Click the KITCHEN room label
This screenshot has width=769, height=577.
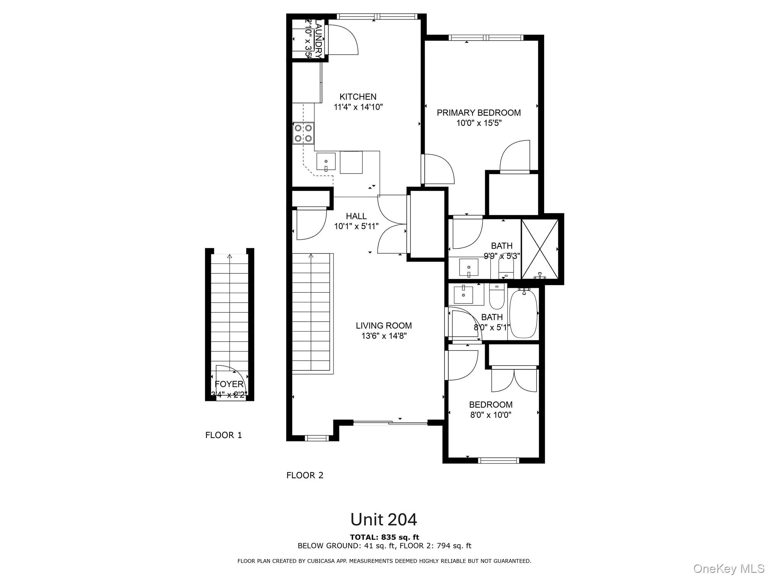(358, 97)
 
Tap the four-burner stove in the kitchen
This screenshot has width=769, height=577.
(303, 133)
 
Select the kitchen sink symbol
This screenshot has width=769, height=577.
(326, 162)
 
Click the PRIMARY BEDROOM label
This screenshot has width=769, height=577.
(478, 113)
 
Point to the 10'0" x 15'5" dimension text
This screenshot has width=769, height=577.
(479, 123)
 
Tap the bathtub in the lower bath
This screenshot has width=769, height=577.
(523, 314)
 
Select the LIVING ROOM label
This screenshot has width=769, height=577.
(383, 326)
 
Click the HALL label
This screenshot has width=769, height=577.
(356, 216)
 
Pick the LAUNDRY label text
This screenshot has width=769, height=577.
(318, 39)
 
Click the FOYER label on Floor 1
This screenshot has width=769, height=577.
(229, 384)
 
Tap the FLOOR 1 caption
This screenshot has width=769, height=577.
(223, 435)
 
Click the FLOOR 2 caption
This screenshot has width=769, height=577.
(305, 476)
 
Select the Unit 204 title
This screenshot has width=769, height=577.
(383, 520)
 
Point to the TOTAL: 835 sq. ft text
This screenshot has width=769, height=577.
(384, 537)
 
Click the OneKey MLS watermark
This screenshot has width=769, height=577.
(728, 568)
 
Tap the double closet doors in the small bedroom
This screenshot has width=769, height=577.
(514, 379)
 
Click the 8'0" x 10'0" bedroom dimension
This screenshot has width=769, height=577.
(490, 415)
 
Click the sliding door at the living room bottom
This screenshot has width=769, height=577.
(391, 423)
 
